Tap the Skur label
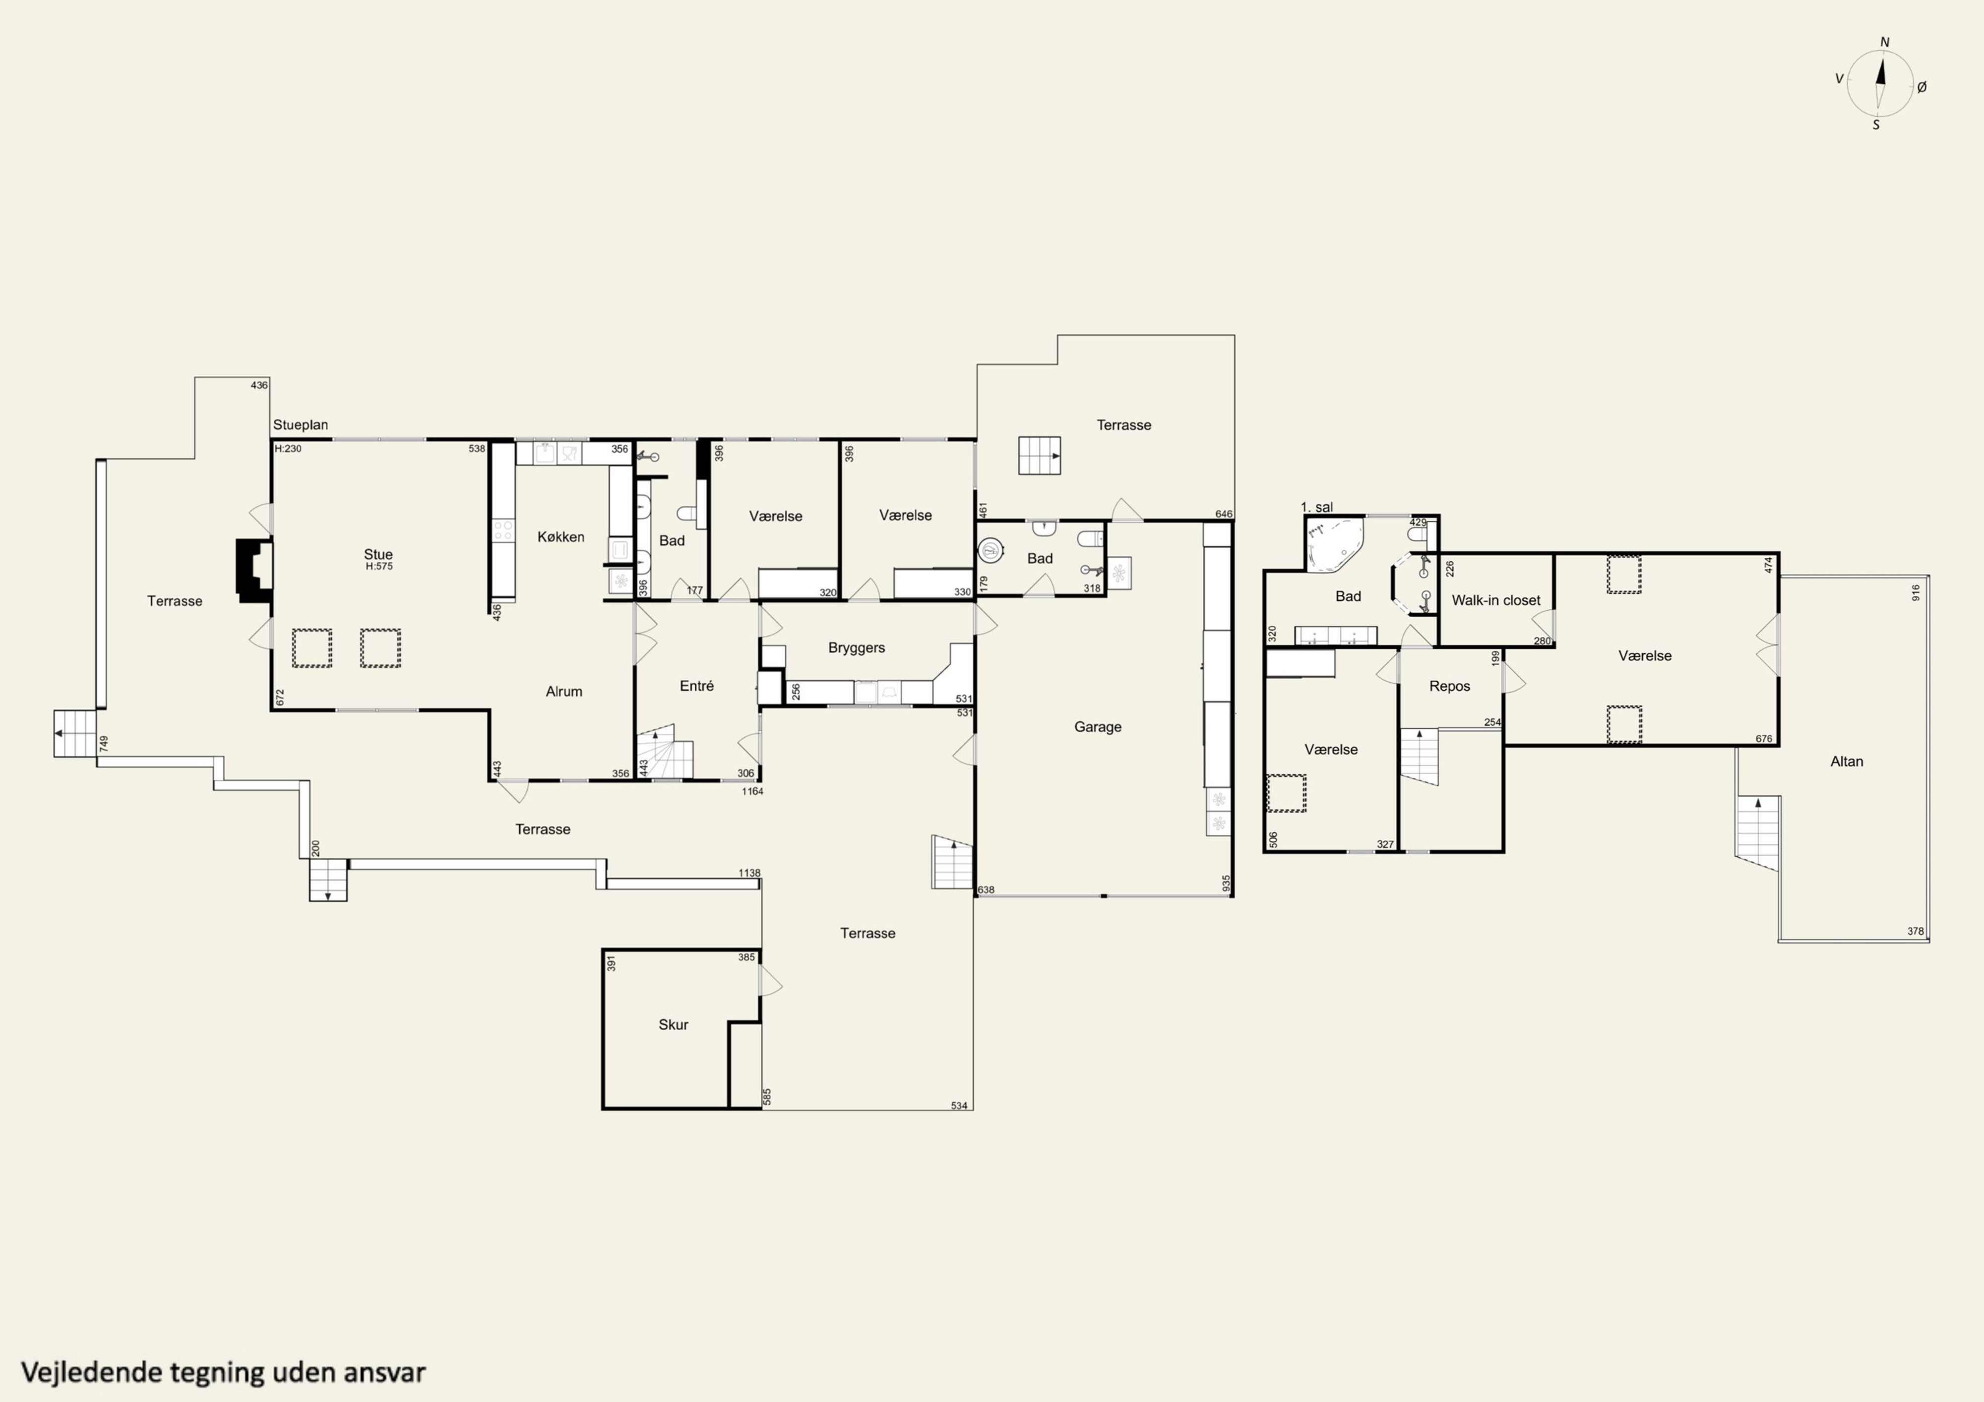point(673,1025)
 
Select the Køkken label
point(561,536)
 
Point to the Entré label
point(696,686)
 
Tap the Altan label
point(1847,761)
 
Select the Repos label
point(1449,687)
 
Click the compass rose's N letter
point(1885,42)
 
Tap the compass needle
point(1880,82)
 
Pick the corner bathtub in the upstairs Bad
point(1334,545)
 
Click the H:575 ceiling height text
point(378,567)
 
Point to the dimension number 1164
point(752,791)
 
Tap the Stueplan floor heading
point(301,425)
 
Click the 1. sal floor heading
point(1317,507)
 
